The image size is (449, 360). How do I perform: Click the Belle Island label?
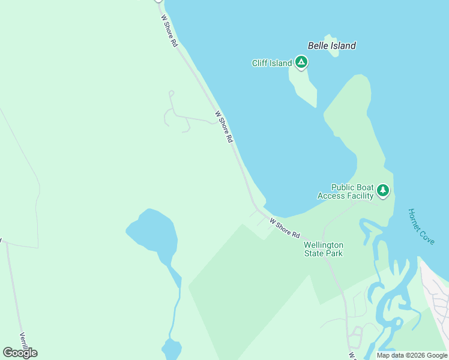click(x=331, y=46)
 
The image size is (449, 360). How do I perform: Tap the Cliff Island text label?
click(x=272, y=63)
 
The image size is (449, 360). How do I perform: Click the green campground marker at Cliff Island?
click(x=301, y=62)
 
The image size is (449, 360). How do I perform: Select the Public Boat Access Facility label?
click(x=348, y=191)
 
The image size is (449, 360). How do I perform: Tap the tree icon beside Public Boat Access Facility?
click(x=383, y=191)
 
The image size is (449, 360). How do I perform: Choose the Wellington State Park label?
click(x=324, y=249)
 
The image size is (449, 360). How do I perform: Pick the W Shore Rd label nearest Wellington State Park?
click(x=285, y=228)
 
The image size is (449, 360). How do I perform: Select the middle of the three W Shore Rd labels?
click(x=223, y=126)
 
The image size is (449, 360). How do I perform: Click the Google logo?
click(x=20, y=352)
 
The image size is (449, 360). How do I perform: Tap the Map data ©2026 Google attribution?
click(x=412, y=355)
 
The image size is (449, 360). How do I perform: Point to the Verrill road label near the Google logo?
click(x=23, y=342)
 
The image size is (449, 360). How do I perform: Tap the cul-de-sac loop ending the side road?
click(x=171, y=93)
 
